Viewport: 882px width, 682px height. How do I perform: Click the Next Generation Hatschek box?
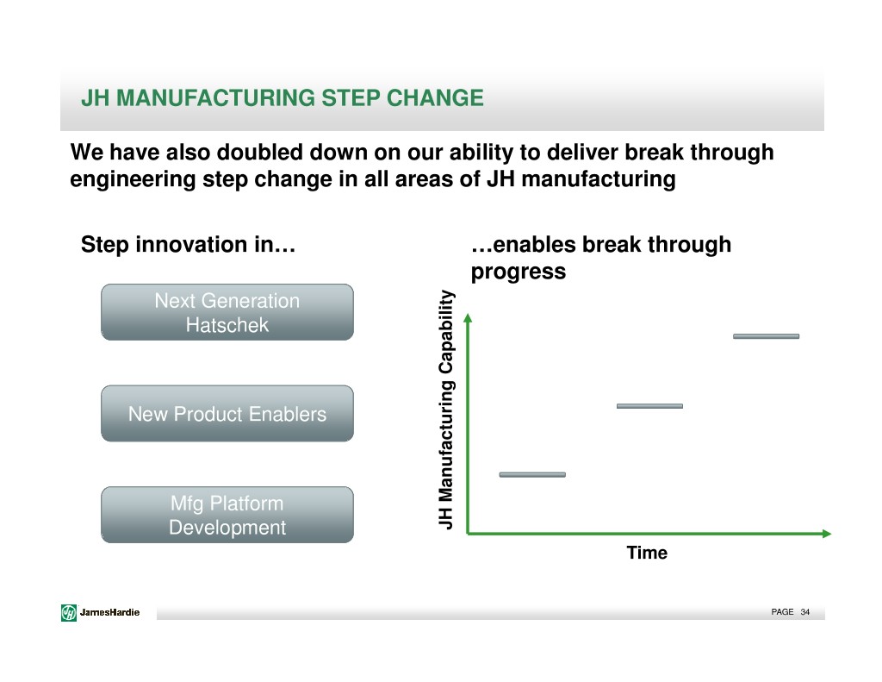[x=227, y=312]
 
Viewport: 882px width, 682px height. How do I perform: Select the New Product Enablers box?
[x=227, y=413]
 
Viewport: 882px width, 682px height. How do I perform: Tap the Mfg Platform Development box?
[x=227, y=515]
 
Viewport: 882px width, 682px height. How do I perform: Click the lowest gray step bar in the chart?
[x=532, y=475]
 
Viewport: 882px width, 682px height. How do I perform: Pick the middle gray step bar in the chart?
[x=649, y=406]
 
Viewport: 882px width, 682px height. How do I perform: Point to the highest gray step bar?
[x=766, y=336]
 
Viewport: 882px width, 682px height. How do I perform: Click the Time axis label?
[x=647, y=553]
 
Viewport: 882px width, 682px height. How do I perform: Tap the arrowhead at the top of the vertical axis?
[x=468, y=318]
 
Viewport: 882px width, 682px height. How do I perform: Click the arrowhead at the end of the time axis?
[x=827, y=534]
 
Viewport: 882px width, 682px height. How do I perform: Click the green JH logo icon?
[x=69, y=612]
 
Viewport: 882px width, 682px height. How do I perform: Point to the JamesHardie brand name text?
[x=109, y=612]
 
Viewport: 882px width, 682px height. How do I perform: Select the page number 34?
[x=805, y=612]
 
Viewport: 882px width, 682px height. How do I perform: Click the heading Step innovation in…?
[x=188, y=244]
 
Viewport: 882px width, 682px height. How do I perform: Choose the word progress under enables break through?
[x=518, y=272]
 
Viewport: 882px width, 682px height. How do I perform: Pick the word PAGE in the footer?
[x=782, y=612]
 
